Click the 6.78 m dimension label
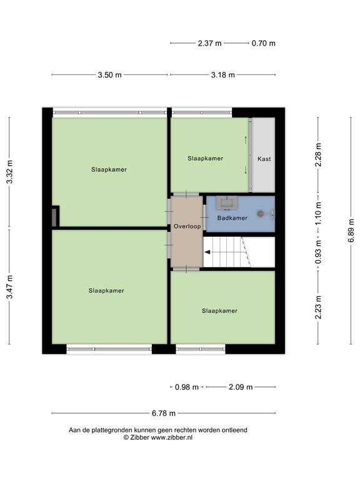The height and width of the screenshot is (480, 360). coord(164,413)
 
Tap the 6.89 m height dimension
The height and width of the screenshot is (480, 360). coord(351,231)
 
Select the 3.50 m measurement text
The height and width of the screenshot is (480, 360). coord(109,75)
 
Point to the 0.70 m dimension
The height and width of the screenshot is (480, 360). coord(263,44)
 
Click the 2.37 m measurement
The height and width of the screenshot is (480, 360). coord(209,44)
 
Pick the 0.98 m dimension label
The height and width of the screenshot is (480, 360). coord(187,387)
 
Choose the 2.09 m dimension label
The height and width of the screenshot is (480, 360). coord(241,387)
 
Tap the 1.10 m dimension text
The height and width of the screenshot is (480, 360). coord(318,212)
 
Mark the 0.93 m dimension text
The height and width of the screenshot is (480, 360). coord(318,252)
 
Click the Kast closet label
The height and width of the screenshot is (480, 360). coord(264,159)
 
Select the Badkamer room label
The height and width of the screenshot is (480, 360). coord(232,218)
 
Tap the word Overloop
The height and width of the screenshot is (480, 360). coord(187,226)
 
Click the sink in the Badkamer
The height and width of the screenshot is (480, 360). coord(227,203)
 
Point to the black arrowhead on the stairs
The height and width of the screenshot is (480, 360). coord(207,252)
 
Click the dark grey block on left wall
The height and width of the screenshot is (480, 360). coord(54,217)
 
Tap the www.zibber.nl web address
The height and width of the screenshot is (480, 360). coord(172,437)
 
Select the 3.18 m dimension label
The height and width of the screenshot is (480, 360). coord(223,75)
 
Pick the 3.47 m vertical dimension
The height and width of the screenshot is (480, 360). coord(10,287)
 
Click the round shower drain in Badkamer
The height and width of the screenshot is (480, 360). coord(260,214)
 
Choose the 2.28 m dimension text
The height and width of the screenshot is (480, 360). coord(318,154)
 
